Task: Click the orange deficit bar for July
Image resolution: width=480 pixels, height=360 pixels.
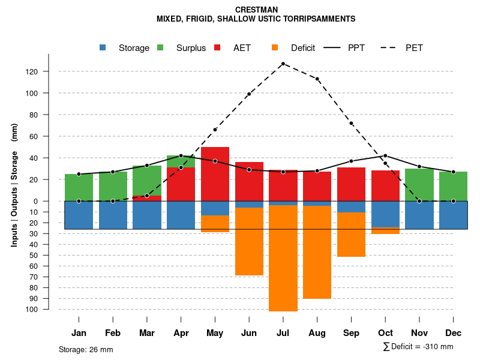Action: click(x=283, y=258)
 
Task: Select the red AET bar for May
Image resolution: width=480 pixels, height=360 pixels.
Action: click(x=215, y=174)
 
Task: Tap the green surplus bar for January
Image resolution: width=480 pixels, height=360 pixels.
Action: click(x=79, y=187)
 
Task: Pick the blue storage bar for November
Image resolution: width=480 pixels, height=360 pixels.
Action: click(x=419, y=215)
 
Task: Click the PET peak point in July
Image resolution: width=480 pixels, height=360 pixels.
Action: click(x=283, y=64)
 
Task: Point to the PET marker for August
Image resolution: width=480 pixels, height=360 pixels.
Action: click(x=317, y=79)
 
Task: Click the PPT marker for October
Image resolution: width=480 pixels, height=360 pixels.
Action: click(x=385, y=156)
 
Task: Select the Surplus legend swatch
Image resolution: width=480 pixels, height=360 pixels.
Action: click(x=160, y=47)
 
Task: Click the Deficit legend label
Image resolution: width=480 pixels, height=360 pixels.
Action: click(x=303, y=48)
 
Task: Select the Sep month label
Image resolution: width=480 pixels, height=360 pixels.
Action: click(x=351, y=333)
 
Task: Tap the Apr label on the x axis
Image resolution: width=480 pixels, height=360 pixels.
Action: click(x=181, y=333)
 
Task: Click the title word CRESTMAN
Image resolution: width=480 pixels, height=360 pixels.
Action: click(x=256, y=10)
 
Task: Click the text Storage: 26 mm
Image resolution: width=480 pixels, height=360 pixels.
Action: click(x=86, y=349)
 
